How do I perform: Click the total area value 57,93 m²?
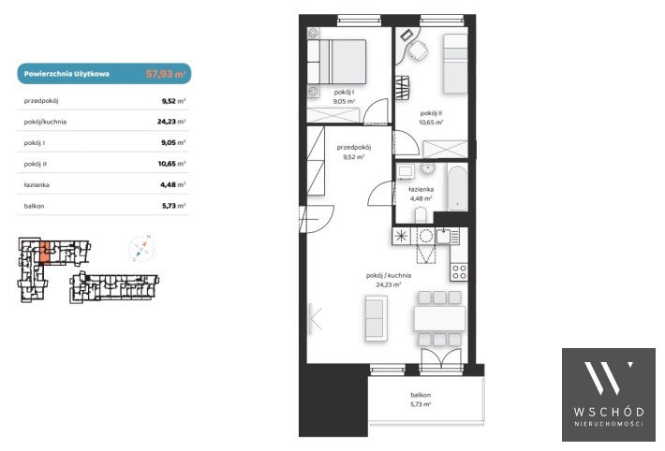point(166,74)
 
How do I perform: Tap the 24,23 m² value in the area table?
point(171,122)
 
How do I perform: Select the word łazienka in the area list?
point(37,185)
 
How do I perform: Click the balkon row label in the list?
point(34,206)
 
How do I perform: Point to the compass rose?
point(141,248)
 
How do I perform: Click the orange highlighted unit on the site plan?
point(45,253)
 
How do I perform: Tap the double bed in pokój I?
point(337,62)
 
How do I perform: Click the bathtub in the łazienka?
point(457,188)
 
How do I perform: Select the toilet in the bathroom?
point(421,215)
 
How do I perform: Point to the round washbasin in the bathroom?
point(428,168)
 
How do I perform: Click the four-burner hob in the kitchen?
point(459,271)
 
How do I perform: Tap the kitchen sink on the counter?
point(444,236)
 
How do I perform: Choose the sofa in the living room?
point(376,318)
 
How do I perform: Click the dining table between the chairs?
point(439,318)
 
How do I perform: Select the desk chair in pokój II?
point(418,50)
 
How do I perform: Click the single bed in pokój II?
point(455,64)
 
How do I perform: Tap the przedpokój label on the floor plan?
point(354,148)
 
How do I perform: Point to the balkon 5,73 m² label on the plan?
point(421,400)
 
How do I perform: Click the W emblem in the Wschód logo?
point(608,377)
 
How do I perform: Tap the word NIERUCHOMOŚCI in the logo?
point(609,424)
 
